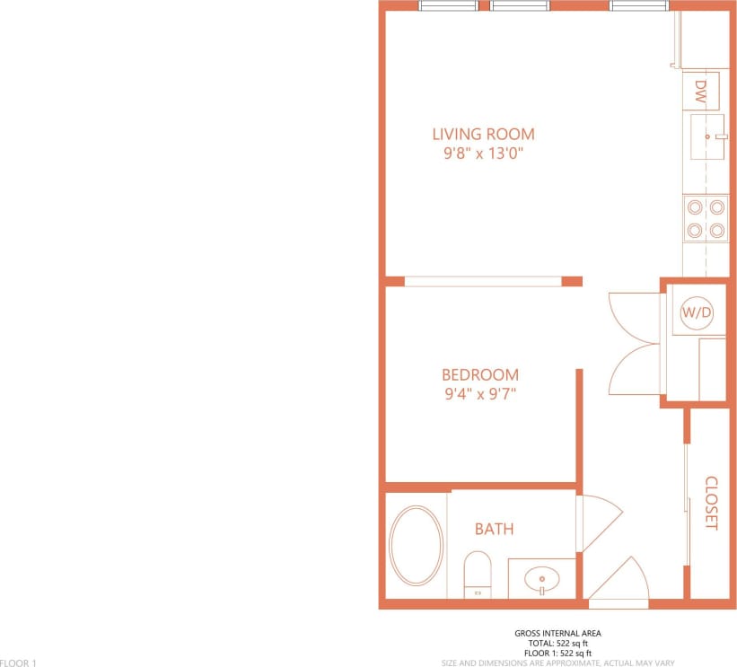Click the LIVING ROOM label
coord(483,135)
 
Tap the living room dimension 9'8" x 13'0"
coord(483,154)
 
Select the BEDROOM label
coord(479,374)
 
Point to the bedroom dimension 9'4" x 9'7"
coord(479,393)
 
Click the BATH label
coord(494,529)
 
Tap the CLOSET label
coord(711,503)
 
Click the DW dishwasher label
coord(701,92)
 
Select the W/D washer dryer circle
coord(697,313)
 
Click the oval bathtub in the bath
coord(416,547)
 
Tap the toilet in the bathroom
coord(478,572)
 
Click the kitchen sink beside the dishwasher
coord(707,137)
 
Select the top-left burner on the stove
coord(694,207)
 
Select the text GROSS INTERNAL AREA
coord(557,634)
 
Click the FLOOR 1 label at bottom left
coord(18,663)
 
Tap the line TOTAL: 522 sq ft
coord(557,644)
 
